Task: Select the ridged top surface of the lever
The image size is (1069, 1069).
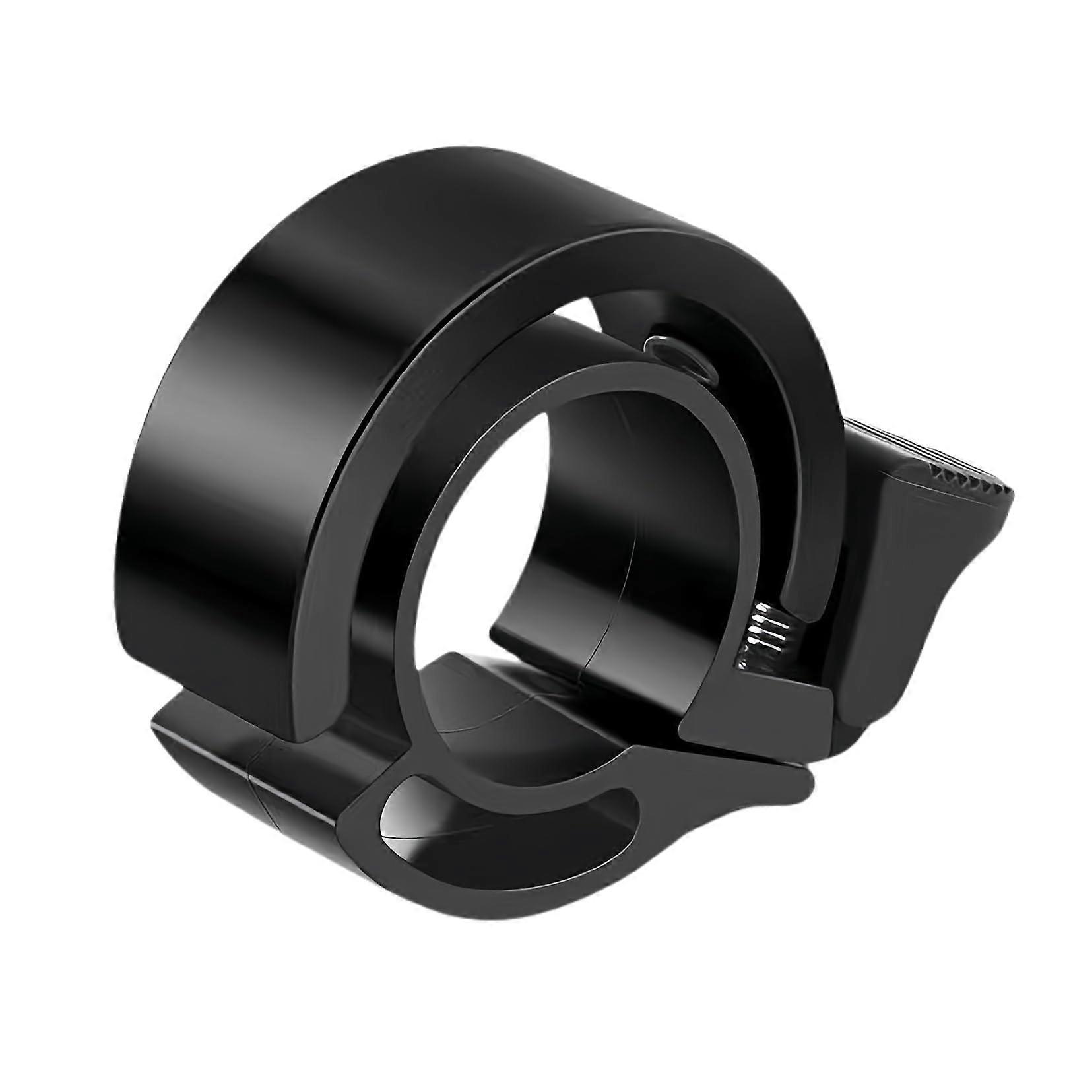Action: pyautogui.click(x=924, y=455)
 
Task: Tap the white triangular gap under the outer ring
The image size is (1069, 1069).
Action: pyautogui.click(x=594, y=330)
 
